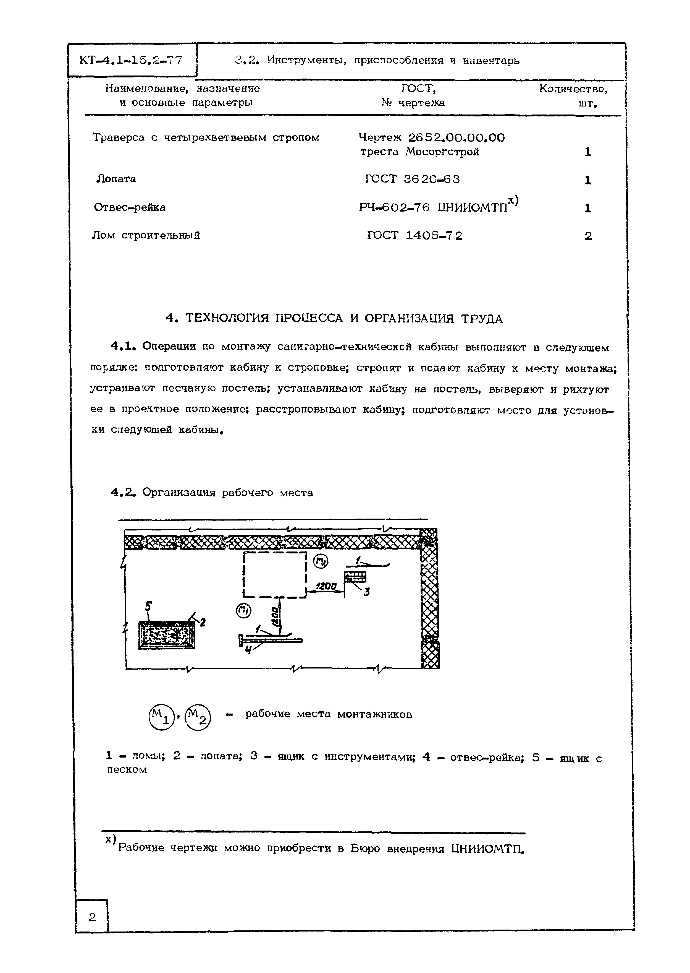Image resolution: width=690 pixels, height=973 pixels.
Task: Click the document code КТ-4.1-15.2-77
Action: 131,60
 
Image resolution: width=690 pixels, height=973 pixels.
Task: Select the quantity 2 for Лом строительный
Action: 588,236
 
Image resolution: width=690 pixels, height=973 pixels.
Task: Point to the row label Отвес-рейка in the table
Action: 130,207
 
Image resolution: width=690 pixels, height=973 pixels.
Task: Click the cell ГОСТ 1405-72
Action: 415,236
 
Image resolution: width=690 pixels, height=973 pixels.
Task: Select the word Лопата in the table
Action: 116,179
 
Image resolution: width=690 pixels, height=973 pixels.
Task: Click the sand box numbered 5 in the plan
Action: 167,635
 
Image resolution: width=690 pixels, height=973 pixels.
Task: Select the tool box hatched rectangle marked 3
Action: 355,577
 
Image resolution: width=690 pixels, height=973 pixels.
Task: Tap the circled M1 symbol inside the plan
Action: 244,612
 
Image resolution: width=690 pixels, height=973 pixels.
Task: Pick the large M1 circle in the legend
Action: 161,718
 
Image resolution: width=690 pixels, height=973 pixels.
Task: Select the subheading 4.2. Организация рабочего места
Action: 212,493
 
